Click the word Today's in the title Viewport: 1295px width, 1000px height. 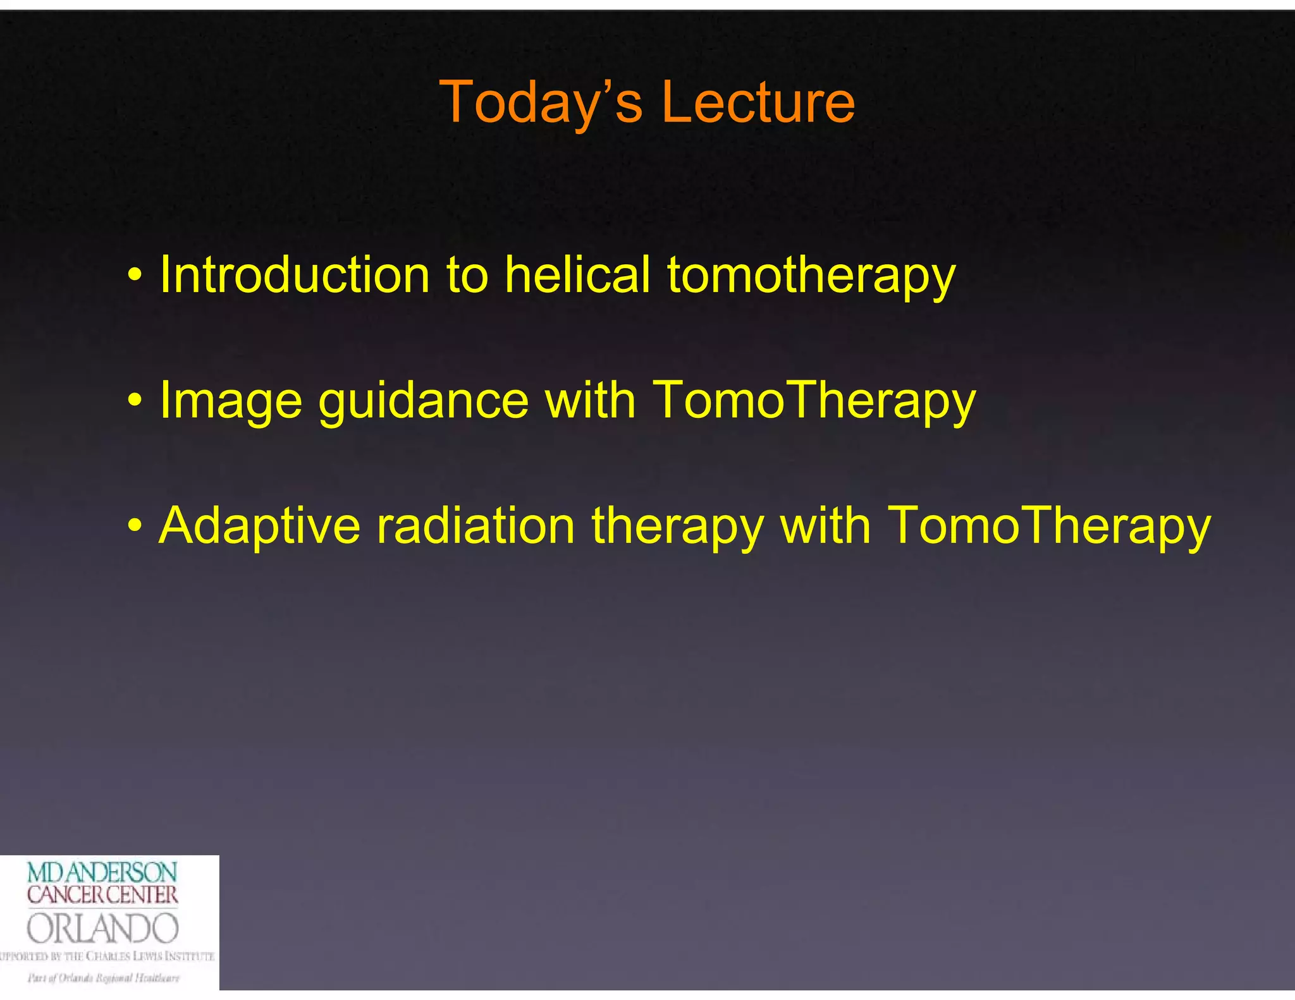coord(541,103)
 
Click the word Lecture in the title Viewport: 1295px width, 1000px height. coord(758,103)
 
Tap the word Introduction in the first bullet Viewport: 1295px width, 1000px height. coord(295,275)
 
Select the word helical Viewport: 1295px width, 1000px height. coord(577,275)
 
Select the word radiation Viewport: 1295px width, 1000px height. coord(475,525)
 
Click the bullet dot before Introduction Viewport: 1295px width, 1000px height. coord(134,276)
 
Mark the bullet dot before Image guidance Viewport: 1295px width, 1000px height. coord(134,401)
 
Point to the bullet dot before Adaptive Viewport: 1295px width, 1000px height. coord(134,526)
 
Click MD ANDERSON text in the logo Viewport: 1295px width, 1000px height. coord(102,873)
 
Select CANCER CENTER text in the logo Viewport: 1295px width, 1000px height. coord(102,895)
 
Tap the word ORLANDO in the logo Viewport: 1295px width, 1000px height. coord(102,929)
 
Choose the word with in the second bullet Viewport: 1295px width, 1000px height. coord(590,400)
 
